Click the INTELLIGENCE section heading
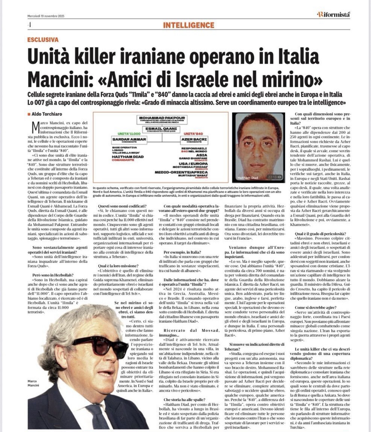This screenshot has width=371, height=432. click(188, 25)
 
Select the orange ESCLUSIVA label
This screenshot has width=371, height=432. click(43, 40)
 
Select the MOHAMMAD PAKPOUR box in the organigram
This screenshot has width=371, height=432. click(162, 120)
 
